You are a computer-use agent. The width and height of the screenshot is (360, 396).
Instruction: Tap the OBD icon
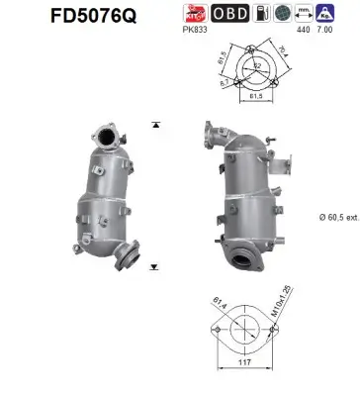230,14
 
